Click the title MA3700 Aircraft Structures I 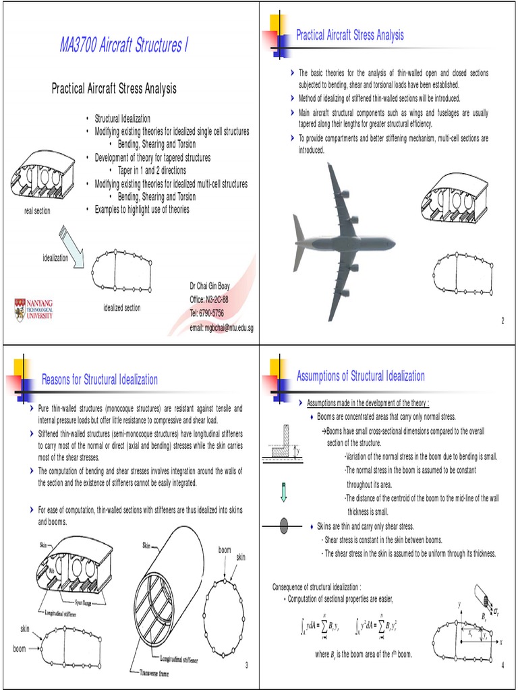124,46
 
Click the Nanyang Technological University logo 34,309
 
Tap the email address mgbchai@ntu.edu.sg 221,327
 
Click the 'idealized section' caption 122,308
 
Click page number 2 502,320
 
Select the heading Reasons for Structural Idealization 100,380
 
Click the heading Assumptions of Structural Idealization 361,376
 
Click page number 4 502,666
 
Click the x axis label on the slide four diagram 501,641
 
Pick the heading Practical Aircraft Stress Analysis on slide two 350,35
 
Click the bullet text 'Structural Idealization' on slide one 122,118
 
